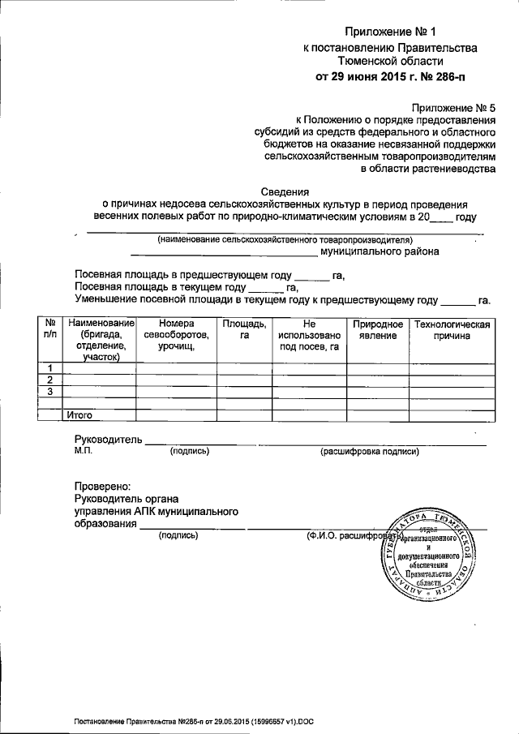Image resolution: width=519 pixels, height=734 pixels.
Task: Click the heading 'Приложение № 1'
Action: [390, 32]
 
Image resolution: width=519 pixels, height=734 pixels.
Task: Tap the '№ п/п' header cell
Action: [50, 330]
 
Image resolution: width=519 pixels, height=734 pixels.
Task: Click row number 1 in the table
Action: [50, 369]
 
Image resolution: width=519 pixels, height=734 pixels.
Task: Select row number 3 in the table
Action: [50, 392]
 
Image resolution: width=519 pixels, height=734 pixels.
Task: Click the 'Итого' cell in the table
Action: [79, 414]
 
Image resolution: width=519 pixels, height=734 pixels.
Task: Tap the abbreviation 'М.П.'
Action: [84, 451]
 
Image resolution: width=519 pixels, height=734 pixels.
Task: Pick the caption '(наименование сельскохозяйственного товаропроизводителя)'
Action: [285, 240]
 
